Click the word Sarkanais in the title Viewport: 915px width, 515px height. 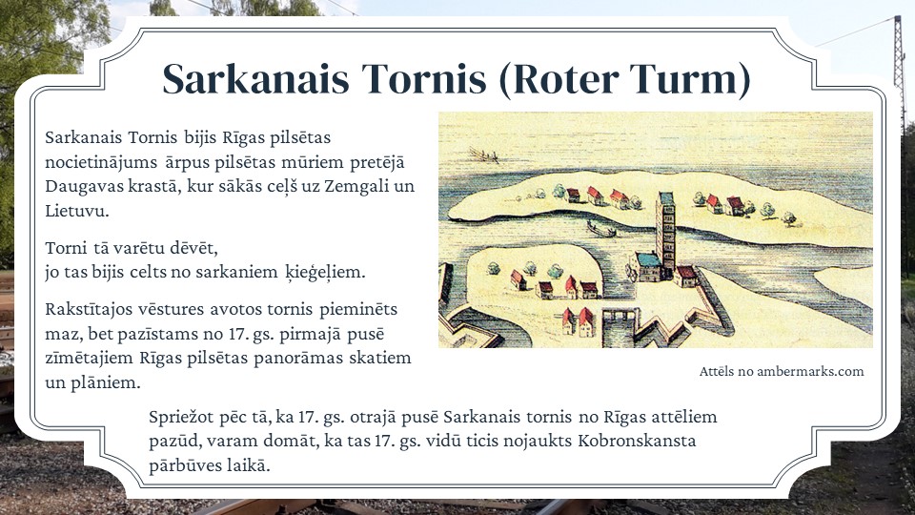click(255, 78)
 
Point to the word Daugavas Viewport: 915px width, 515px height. click(79, 186)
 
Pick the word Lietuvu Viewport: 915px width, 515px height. click(76, 211)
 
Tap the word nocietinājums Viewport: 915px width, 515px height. click(101, 162)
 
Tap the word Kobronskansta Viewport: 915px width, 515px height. click(637, 441)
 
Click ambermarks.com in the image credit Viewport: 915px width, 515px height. click(810, 371)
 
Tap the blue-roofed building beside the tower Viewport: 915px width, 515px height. click(648, 266)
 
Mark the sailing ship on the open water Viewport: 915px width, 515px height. click(484, 155)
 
